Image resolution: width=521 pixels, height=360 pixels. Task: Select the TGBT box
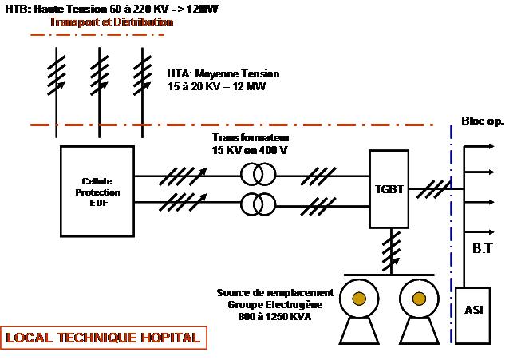point(389,191)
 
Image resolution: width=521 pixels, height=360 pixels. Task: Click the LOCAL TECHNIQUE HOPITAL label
point(103,338)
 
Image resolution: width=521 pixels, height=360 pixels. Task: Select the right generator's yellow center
point(417,299)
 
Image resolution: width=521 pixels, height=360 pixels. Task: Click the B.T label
point(483,249)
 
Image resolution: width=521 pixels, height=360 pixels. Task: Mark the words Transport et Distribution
point(111,22)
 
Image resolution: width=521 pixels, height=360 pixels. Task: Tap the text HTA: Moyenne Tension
point(223,73)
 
